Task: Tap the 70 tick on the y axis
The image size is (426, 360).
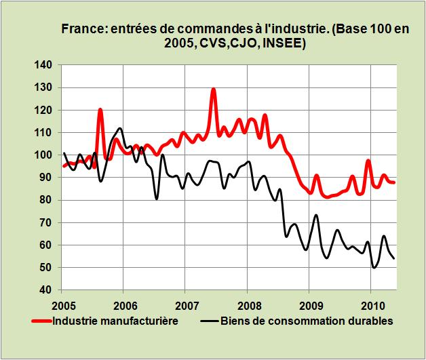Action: (45, 222)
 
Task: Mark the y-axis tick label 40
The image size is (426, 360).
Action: (45, 290)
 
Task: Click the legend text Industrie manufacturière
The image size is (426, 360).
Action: (115, 321)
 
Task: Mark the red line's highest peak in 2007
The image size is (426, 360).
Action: (213, 89)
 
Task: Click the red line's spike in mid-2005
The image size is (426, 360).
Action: (100, 109)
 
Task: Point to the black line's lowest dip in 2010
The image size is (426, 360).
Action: (374, 267)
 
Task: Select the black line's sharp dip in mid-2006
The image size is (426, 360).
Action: (157, 199)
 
